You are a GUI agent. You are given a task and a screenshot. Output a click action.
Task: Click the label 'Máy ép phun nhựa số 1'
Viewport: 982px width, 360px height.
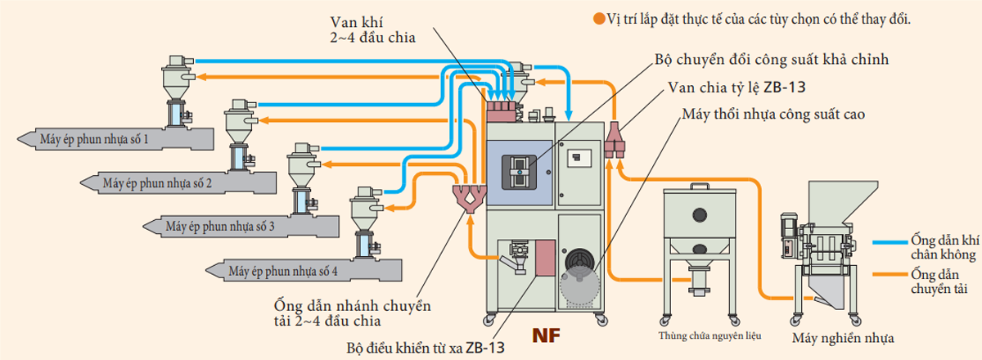tap(93, 140)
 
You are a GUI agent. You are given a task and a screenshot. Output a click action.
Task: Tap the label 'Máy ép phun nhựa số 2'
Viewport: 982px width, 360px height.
tap(157, 182)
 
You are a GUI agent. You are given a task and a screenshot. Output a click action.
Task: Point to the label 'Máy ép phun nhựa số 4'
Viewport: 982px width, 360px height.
tap(282, 270)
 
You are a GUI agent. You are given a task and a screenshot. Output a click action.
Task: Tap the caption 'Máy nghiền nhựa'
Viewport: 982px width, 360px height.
tap(842, 337)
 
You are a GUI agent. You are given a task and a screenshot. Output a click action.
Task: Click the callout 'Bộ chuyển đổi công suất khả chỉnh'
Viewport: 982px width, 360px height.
tap(772, 60)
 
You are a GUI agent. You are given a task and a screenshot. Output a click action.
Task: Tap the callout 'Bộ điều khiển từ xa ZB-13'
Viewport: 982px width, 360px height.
tap(426, 347)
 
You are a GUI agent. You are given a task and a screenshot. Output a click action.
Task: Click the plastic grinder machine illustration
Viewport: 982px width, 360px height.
tap(818, 237)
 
